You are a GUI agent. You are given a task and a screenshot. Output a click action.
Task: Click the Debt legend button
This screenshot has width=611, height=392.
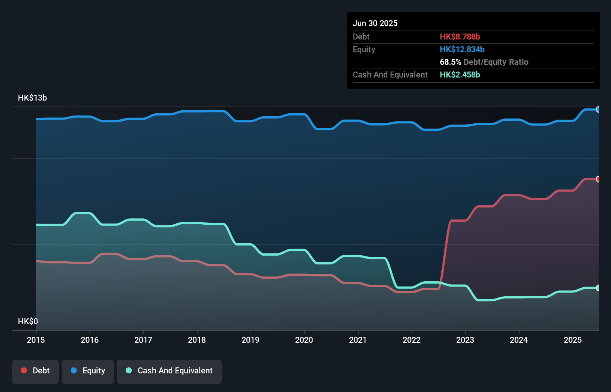point(35,371)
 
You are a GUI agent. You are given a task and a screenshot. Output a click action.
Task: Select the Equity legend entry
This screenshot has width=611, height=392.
point(88,371)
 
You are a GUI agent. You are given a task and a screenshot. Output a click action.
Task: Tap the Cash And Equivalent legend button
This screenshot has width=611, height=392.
point(169,371)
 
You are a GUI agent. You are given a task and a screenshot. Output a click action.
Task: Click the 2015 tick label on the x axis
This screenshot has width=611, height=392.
point(36,340)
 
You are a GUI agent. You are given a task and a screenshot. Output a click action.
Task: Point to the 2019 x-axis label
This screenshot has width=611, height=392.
point(250,340)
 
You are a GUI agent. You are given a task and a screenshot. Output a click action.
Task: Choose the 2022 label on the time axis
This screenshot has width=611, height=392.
point(412,340)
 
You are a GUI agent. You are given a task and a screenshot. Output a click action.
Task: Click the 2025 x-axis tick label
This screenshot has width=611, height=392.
point(573,340)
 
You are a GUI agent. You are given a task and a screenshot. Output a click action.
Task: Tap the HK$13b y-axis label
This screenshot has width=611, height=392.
point(32,98)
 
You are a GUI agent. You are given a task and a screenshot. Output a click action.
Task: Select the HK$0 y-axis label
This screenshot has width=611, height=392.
point(28,321)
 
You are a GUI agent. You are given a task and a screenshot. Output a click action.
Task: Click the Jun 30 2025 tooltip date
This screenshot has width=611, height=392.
point(375,23)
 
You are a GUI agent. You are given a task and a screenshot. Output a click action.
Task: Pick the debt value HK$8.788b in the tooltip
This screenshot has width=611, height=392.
point(460,37)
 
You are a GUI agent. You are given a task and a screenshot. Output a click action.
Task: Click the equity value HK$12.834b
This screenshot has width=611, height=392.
point(462,50)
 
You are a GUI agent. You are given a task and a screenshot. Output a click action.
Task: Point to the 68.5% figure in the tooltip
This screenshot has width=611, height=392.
point(450,62)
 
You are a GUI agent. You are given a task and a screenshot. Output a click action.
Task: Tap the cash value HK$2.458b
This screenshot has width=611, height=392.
point(460,75)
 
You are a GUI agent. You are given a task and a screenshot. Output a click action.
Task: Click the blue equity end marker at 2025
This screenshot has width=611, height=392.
point(598,110)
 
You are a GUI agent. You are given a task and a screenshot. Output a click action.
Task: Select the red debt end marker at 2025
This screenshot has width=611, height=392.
point(598,179)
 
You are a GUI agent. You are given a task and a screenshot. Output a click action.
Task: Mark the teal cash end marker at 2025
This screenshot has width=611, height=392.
point(598,288)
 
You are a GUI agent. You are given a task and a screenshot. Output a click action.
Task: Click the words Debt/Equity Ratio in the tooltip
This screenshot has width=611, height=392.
point(496,62)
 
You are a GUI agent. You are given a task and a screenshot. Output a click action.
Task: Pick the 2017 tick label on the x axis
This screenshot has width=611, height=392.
point(143,340)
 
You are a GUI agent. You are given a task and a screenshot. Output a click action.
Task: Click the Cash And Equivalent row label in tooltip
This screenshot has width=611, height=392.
point(390,75)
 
